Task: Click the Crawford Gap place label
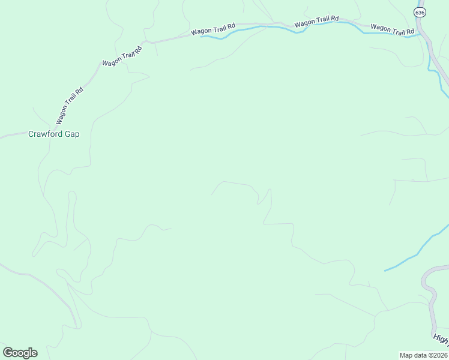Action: (x=54, y=134)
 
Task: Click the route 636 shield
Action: (x=420, y=12)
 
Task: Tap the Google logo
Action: (x=20, y=353)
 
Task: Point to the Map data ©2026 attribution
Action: (x=423, y=355)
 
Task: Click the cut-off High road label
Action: (x=440, y=340)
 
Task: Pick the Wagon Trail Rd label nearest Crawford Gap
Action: (x=70, y=106)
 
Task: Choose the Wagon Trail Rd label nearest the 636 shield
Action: (x=393, y=28)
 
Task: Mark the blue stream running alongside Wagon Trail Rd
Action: (x=270, y=27)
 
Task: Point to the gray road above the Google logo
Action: (x=36, y=277)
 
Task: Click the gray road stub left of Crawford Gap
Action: (x=11, y=136)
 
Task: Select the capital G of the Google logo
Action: (x=8, y=353)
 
